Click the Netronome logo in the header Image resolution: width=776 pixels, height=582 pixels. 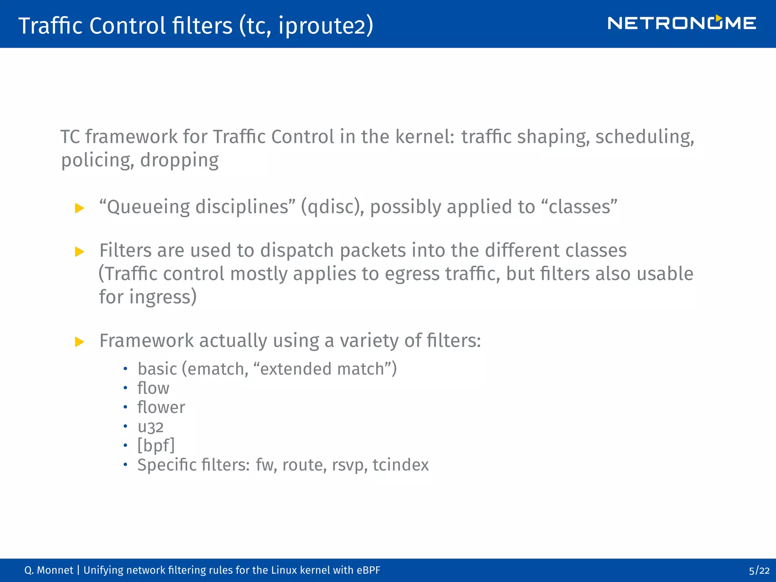pyautogui.click(x=682, y=23)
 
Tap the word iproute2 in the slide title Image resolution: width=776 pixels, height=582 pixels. pyautogui.click(x=325, y=26)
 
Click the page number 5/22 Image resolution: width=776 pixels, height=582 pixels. pyautogui.click(x=759, y=571)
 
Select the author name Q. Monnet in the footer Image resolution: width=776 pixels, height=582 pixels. pyautogui.click(x=48, y=570)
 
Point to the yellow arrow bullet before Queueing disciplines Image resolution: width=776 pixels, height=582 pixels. pyautogui.click(x=80, y=208)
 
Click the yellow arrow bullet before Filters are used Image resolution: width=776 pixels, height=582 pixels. pyautogui.click(x=80, y=252)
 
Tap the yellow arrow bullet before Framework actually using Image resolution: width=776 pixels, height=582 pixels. pyautogui.click(x=80, y=342)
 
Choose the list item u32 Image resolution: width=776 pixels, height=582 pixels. pyautogui.click(x=150, y=427)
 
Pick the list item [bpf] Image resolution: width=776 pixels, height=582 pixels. pyautogui.click(x=156, y=446)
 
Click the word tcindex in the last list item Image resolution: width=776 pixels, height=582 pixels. pyautogui.click(x=401, y=465)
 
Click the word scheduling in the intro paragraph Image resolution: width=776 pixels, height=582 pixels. pyautogui.click(x=645, y=137)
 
